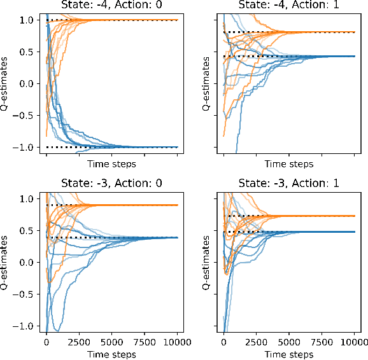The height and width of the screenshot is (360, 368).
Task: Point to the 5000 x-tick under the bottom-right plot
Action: click(289, 342)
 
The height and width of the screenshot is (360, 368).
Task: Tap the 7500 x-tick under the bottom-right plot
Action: click(322, 342)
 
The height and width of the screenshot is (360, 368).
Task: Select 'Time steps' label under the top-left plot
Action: click(112, 164)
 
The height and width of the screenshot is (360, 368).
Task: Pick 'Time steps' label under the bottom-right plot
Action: click(288, 354)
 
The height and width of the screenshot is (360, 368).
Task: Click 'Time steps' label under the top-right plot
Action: click(288, 164)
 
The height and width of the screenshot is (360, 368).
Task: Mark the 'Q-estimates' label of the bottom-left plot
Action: click(6, 263)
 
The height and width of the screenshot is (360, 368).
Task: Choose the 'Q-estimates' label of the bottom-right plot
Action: click(208, 263)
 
